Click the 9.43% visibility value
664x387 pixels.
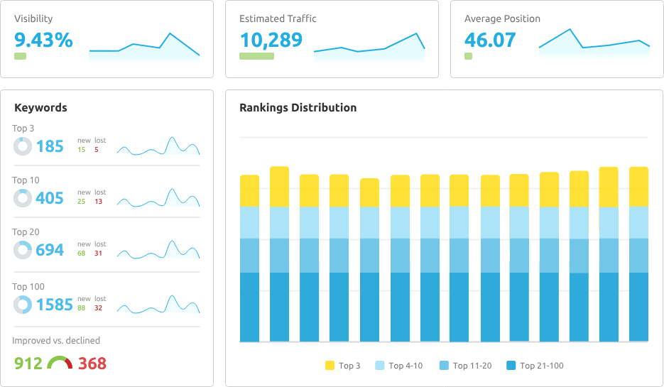click(x=43, y=40)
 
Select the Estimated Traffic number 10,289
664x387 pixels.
click(x=271, y=40)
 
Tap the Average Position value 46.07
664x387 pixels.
click(x=490, y=40)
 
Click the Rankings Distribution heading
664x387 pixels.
click(x=298, y=108)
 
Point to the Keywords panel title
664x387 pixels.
click(x=40, y=108)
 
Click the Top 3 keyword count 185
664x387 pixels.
click(x=50, y=147)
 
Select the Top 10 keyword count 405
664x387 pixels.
click(x=50, y=199)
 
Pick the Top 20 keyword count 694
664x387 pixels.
click(x=50, y=250)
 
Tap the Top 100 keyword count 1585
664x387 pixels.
click(x=54, y=305)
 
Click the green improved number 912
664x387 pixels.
click(x=28, y=364)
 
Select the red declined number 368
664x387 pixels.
click(x=92, y=364)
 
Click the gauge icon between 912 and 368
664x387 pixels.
click(x=60, y=363)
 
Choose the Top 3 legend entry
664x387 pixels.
click(x=343, y=366)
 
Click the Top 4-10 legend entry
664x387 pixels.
click(x=400, y=366)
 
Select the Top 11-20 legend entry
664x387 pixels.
click(x=465, y=366)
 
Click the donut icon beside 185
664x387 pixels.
click(x=23, y=146)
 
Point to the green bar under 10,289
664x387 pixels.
click(x=256, y=56)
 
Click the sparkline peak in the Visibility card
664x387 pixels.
click(x=169, y=33)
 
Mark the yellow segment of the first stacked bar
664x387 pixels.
click(x=249, y=190)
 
